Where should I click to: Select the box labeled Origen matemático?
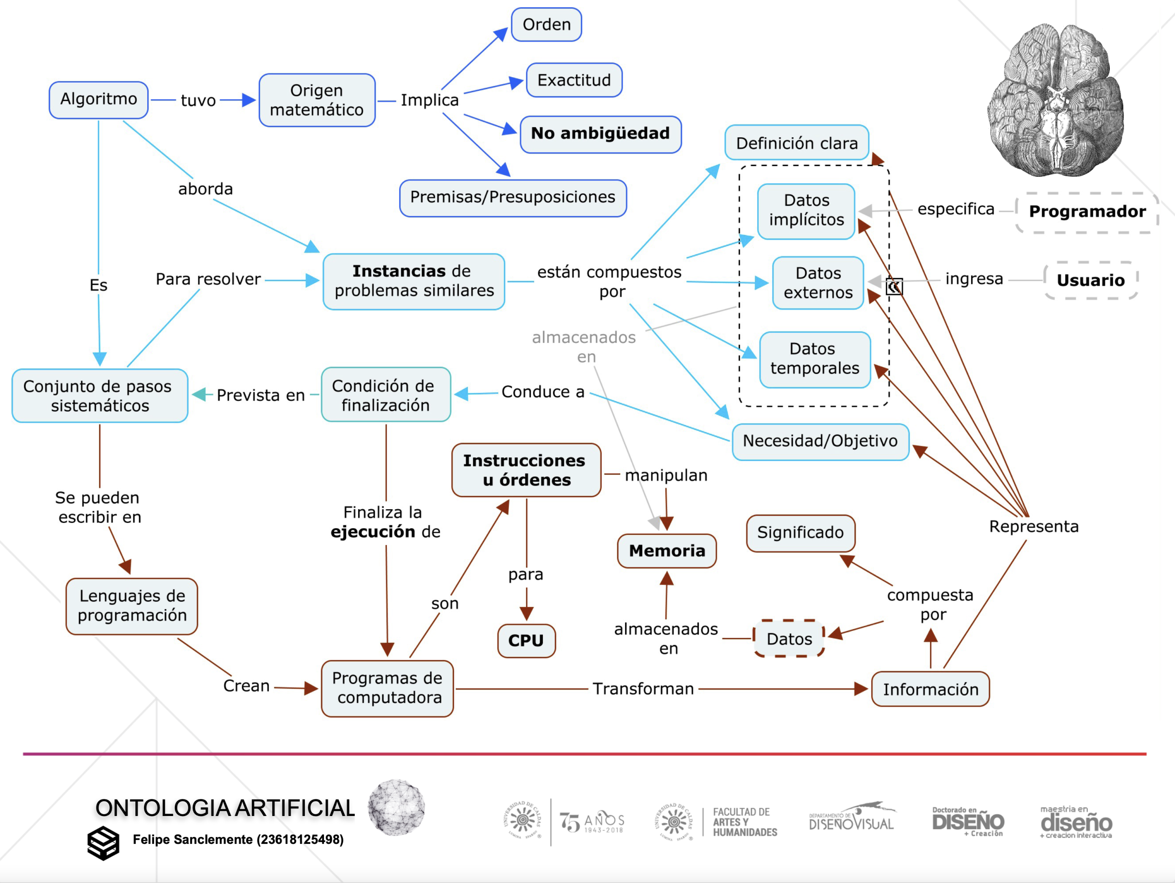click(317, 100)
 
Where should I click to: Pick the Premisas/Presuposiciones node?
click(513, 197)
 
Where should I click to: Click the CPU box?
click(526, 640)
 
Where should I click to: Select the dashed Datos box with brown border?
click(789, 639)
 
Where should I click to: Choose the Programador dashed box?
click(1087, 212)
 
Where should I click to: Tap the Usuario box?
click(1091, 281)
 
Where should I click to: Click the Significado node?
click(800, 533)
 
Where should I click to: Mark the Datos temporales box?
click(814, 359)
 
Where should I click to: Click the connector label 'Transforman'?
click(643, 689)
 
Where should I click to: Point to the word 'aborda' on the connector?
click(206, 189)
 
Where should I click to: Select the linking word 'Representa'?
click(1033, 527)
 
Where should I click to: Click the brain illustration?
click(1056, 101)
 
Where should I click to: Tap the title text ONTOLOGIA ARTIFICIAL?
click(225, 808)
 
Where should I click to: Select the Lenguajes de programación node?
click(132, 606)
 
